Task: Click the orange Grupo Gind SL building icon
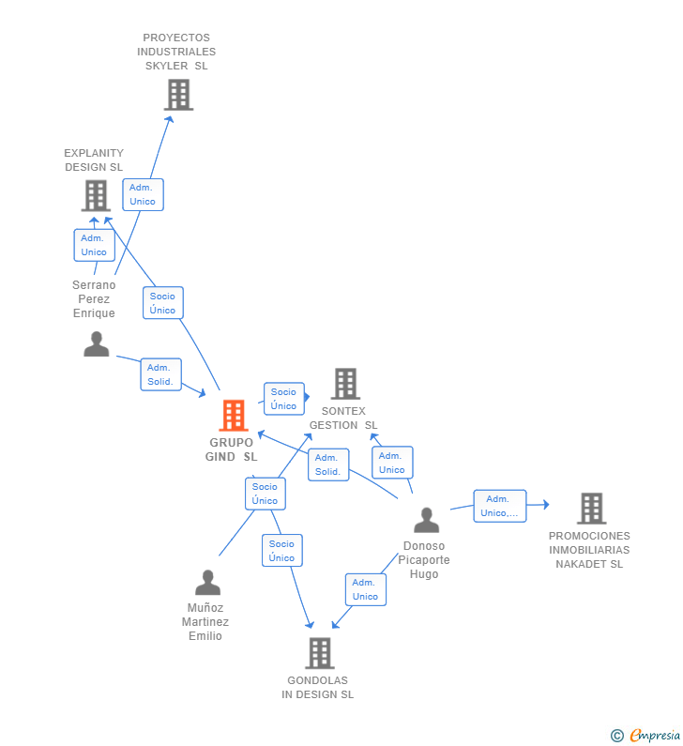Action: (x=233, y=415)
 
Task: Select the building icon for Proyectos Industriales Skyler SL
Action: (x=178, y=95)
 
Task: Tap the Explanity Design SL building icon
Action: (x=96, y=195)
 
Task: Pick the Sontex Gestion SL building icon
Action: (x=345, y=383)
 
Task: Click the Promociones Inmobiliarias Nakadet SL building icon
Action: (x=591, y=509)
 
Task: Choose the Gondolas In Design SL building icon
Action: (x=319, y=653)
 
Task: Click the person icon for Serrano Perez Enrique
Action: (x=96, y=344)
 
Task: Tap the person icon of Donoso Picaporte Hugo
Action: (x=426, y=520)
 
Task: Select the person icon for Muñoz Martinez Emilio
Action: (x=207, y=583)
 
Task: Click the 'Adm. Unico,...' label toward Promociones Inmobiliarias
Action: (x=499, y=506)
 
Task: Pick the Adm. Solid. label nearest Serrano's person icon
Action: (x=160, y=374)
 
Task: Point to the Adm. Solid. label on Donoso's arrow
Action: (x=328, y=464)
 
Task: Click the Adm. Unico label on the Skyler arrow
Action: (x=143, y=194)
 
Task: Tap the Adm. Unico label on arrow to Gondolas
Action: (x=365, y=589)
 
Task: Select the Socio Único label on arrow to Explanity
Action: (x=162, y=303)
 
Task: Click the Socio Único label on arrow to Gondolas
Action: (x=281, y=551)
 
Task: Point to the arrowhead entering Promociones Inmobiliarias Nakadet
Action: (x=545, y=505)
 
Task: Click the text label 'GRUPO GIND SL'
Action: (x=231, y=449)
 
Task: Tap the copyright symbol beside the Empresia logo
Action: (x=616, y=736)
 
